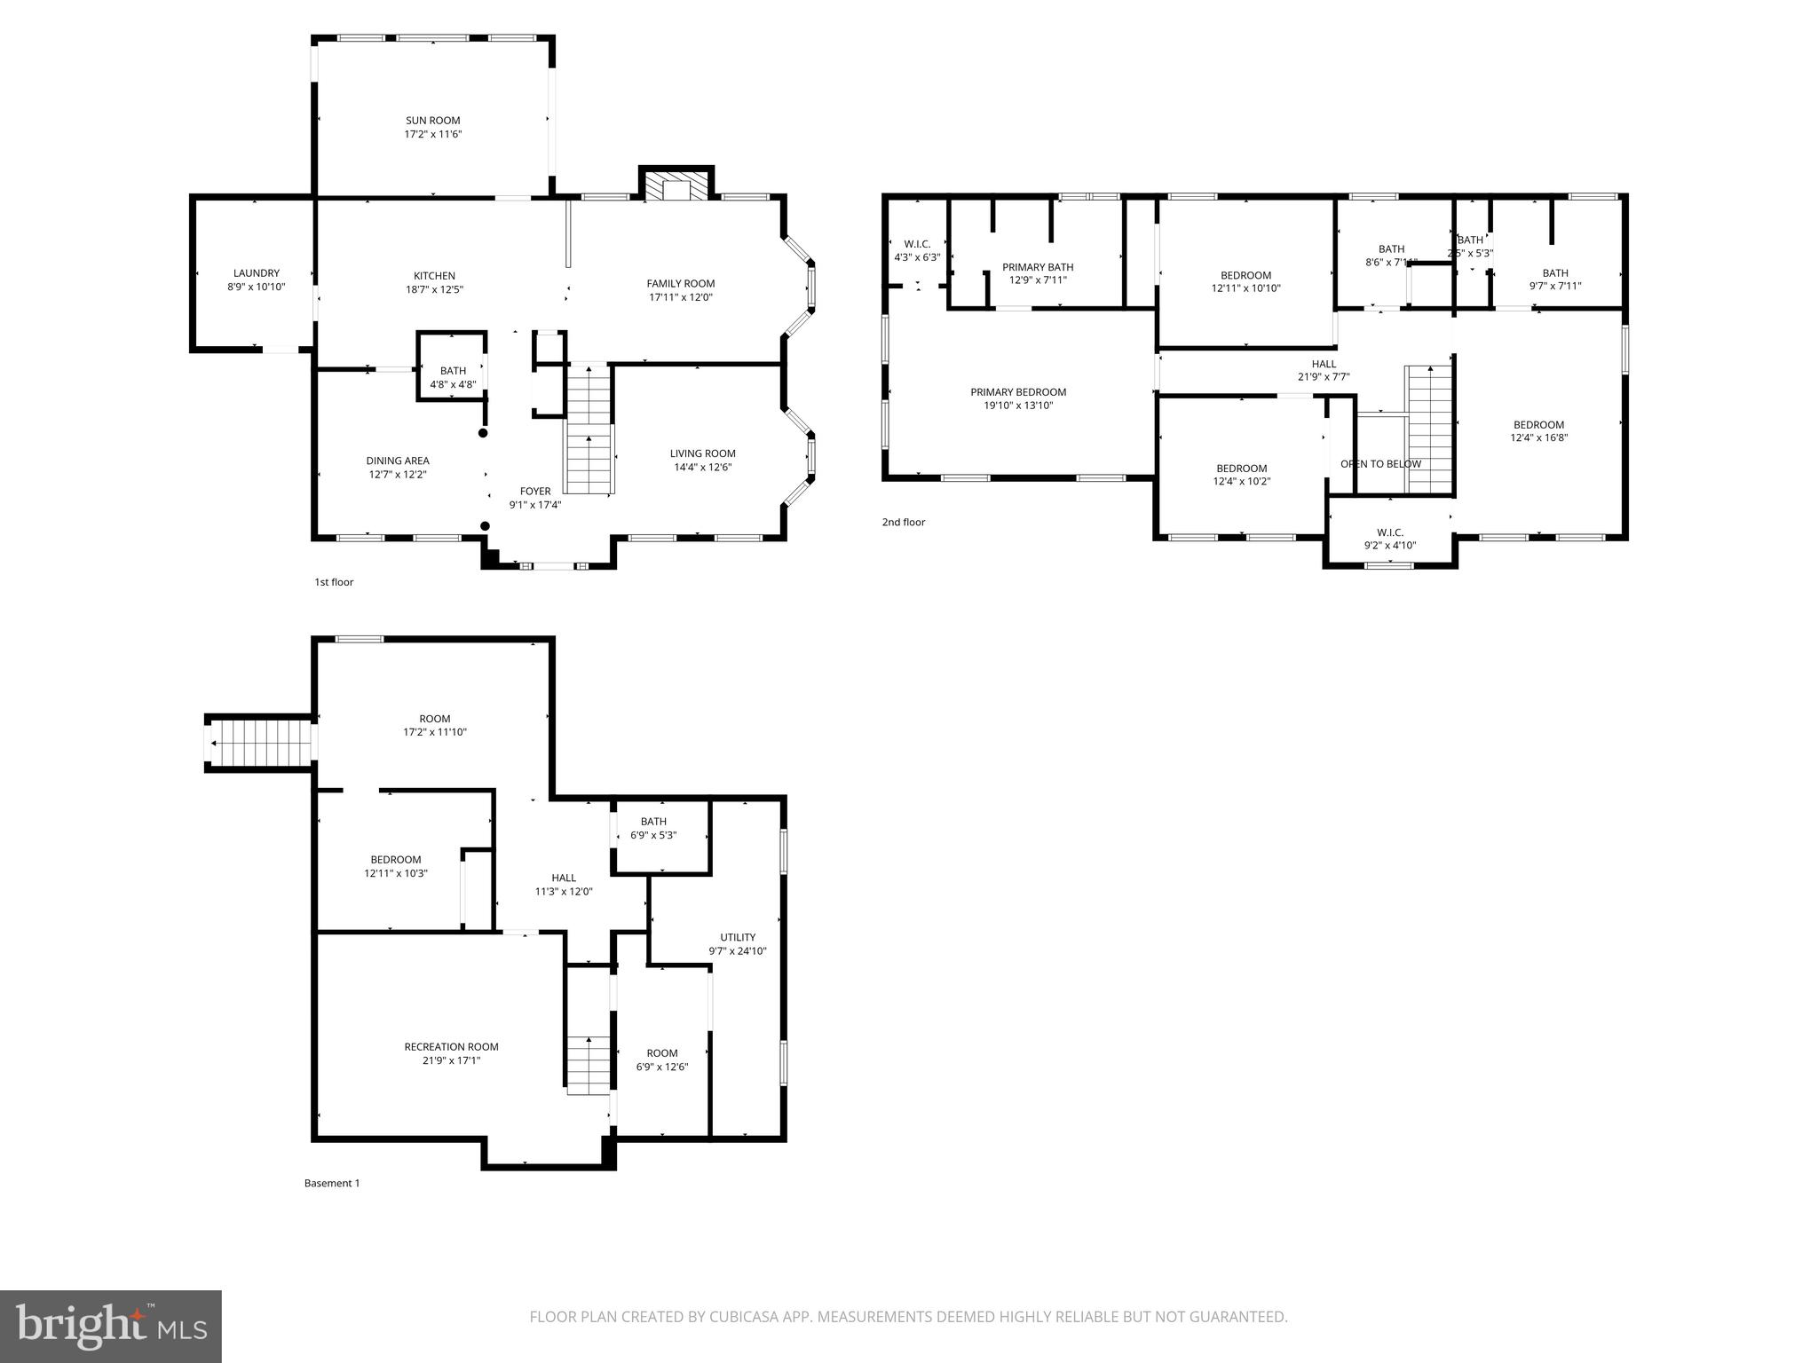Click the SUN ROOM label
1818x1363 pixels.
pos(433,121)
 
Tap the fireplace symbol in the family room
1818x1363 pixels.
pos(676,187)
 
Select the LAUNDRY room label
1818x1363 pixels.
pos(257,273)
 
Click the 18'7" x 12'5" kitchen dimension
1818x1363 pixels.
pos(434,289)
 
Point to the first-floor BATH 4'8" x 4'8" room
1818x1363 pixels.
pos(453,377)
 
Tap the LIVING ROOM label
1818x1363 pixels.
pos(702,453)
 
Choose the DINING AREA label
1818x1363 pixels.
pos(398,461)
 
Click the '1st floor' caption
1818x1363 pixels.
pos(334,582)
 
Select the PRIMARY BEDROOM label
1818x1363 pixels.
pos(1018,392)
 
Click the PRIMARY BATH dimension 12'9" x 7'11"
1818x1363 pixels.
pos(1038,280)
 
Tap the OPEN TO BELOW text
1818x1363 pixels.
pos(1380,464)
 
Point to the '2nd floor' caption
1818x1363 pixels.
pos(904,522)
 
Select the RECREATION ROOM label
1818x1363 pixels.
pos(451,1047)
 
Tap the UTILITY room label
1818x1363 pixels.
pos(738,937)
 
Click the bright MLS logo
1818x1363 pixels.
pos(111,1326)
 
